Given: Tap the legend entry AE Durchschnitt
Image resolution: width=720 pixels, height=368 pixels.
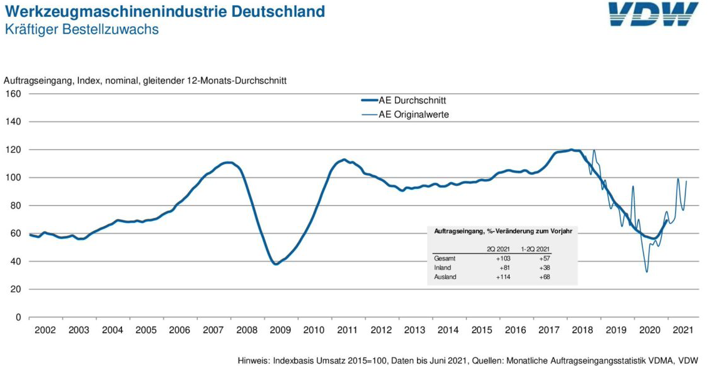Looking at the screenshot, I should point(413,100).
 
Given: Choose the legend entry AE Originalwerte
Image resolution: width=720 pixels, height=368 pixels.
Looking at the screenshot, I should point(414,115).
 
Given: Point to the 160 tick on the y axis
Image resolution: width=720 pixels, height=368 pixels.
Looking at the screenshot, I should point(13,94).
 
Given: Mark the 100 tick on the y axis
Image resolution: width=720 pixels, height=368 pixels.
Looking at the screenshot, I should point(13,178).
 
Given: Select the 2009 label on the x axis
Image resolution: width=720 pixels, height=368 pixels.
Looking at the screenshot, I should point(280,330).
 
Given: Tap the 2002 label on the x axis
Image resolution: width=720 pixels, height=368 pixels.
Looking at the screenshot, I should point(45,330).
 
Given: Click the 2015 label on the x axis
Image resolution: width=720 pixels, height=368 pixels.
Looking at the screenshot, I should point(481,330).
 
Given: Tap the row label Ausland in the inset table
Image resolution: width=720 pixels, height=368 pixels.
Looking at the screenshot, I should point(445,277).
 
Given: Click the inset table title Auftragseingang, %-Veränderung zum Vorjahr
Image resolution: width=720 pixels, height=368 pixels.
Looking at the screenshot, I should point(503,231).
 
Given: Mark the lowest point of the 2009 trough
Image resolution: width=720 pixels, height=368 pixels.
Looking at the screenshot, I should point(275,264).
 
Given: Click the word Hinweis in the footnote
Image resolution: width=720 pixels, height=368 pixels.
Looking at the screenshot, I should point(254,360).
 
